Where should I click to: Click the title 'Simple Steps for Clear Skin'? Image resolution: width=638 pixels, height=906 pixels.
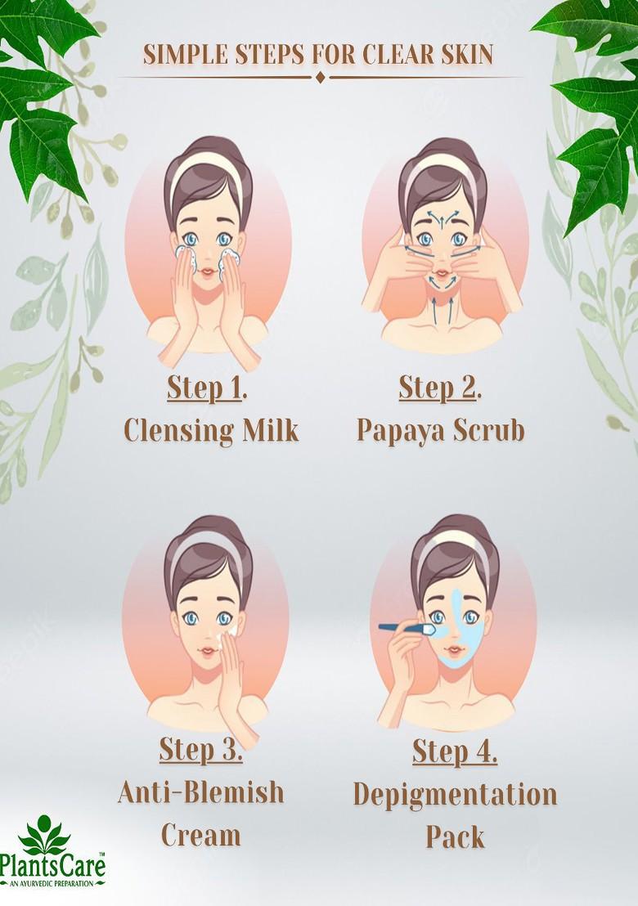pyautogui.click(x=318, y=54)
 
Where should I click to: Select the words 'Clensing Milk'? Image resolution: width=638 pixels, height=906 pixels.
pyautogui.click(x=210, y=430)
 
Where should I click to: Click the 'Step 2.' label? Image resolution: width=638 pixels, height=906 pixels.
pyautogui.click(x=439, y=388)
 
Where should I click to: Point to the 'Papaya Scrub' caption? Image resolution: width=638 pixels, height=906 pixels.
pyautogui.click(x=440, y=430)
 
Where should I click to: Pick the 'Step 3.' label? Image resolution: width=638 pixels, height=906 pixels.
pyautogui.click(x=201, y=749)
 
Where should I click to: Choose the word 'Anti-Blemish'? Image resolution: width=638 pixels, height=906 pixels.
pyautogui.click(x=201, y=792)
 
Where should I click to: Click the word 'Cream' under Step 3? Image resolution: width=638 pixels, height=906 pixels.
pyautogui.click(x=201, y=835)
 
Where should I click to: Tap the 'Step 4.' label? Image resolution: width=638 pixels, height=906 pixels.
pyautogui.click(x=455, y=750)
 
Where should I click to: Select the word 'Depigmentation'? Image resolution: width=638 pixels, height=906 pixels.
pyautogui.click(x=455, y=793)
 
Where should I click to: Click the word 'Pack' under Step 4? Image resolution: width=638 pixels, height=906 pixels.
pyautogui.click(x=455, y=836)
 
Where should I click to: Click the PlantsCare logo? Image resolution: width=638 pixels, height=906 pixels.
pyautogui.click(x=54, y=855)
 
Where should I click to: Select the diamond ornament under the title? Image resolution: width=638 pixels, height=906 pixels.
pyautogui.click(x=320, y=77)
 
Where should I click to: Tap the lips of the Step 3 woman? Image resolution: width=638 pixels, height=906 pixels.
pyautogui.click(x=208, y=648)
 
